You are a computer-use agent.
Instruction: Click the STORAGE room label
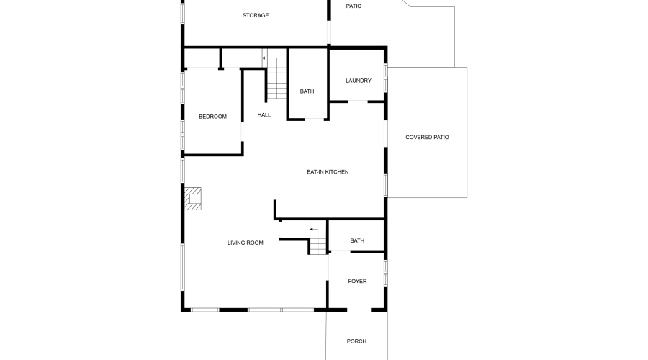[256, 15]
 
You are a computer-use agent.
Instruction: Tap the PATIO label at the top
[354, 6]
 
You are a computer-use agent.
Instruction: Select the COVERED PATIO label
[427, 137]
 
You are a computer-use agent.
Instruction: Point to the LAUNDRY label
[358, 81]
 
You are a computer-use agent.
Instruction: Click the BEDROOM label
[212, 117]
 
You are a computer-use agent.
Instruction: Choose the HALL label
[264, 114]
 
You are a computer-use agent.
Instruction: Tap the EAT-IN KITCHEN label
[328, 171]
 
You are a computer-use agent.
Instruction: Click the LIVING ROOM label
[246, 243]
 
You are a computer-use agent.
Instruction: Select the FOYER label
[357, 281]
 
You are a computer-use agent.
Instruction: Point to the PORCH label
[356, 341]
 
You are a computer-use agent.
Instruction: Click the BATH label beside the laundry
[307, 91]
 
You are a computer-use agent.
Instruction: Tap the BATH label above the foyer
[357, 240]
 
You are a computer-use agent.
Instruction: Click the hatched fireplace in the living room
[193, 198]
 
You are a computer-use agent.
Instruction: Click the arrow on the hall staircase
[264, 58]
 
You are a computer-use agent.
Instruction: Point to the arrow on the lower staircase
[312, 229]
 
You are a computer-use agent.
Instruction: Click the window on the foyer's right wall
[386, 273]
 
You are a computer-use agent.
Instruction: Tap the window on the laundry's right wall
[386, 78]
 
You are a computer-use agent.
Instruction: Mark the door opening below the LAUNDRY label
[358, 102]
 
